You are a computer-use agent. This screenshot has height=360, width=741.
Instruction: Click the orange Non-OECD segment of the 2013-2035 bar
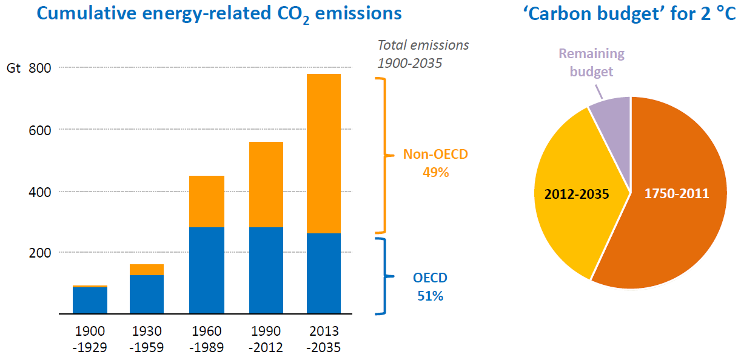click(324, 153)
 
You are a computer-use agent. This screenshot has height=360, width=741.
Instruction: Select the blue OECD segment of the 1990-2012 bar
click(266, 270)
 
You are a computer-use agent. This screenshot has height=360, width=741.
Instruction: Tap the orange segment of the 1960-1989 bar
click(207, 201)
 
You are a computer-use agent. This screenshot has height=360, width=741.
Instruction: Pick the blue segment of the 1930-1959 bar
click(147, 294)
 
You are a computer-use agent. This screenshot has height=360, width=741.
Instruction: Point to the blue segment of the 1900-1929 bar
click(90, 300)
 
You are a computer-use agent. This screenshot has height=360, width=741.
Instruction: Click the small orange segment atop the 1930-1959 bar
click(147, 270)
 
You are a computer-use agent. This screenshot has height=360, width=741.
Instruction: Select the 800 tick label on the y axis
click(39, 68)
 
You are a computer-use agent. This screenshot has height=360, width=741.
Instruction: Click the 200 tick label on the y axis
click(39, 253)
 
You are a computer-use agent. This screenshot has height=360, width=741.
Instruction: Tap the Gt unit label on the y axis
click(13, 68)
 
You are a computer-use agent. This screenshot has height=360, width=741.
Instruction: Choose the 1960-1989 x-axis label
click(206, 339)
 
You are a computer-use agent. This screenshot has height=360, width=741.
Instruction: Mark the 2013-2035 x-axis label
click(324, 339)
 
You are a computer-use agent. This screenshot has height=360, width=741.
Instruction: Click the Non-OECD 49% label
click(435, 163)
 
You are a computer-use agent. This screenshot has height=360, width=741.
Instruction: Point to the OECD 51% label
click(430, 287)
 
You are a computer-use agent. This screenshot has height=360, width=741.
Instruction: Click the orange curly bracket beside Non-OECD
click(384, 155)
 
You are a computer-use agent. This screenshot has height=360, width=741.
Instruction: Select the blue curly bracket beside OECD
click(384, 276)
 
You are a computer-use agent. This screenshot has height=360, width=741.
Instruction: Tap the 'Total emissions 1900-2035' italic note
click(423, 54)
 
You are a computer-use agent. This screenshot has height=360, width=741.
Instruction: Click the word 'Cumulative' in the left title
click(86, 13)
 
